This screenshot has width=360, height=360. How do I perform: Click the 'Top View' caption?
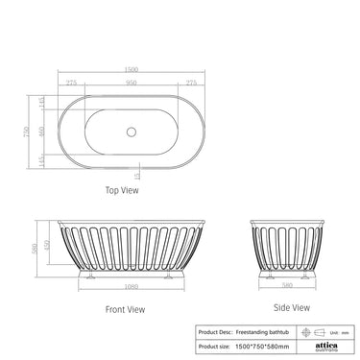[x=124, y=190]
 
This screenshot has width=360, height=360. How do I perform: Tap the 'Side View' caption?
[x=292, y=307]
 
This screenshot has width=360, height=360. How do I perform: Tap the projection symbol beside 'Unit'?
[x=317, y=329]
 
